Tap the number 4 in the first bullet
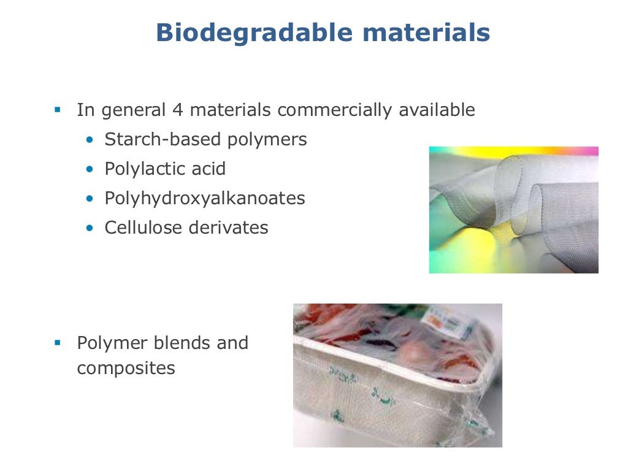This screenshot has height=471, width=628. click(178, 110)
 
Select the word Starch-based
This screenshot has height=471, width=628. click(163, 140)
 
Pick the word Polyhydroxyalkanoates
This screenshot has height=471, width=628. click(205, 199)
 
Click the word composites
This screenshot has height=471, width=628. click(126, 369)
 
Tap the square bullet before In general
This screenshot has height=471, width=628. click(58, 110)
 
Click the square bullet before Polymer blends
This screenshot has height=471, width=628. click(58, 342)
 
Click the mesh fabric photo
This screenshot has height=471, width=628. click(513, 210)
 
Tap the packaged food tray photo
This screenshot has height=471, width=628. click(397, 375)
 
